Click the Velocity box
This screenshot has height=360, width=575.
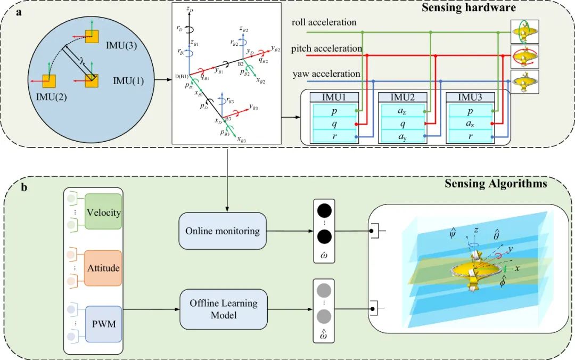click(103, 212)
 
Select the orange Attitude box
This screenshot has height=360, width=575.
click(103, 268)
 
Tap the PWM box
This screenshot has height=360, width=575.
click(103, 323)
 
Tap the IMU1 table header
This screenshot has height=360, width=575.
click(334, 97)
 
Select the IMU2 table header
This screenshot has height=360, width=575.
click(402, 97)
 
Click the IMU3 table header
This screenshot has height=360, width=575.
click(470, 97)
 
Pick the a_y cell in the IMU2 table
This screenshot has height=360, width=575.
click(402, 137)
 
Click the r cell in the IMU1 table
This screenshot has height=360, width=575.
click(334, 137)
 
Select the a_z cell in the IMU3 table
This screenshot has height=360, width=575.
click(470, 124)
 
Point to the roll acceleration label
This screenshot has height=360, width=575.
click(324, 22)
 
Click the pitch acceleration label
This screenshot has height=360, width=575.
click(326, 48)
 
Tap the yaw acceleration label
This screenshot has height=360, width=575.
click(325, 74)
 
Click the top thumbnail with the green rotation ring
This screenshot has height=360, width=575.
click(524, 31)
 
